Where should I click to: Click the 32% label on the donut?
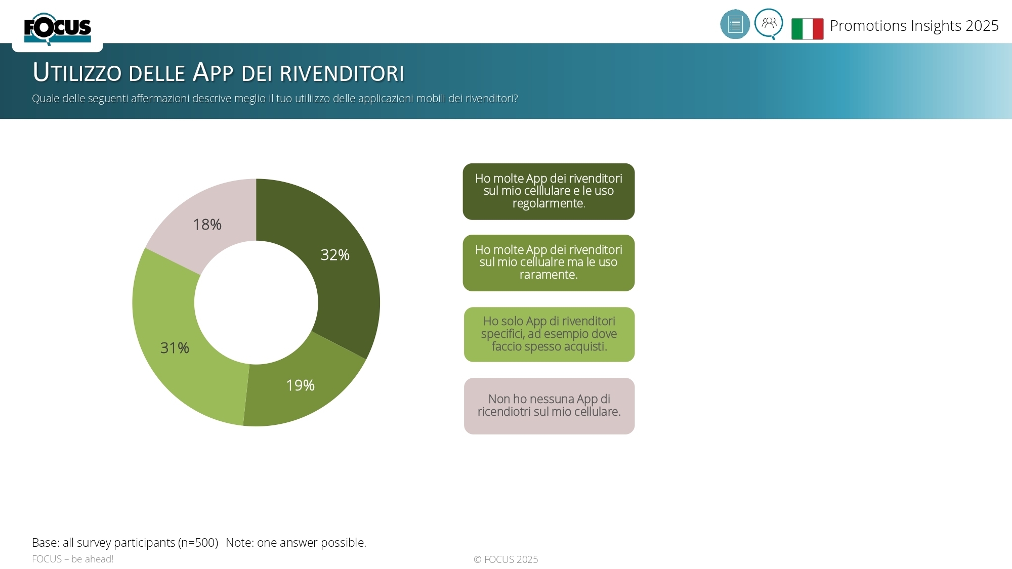pyautogui.click(x=335, y=255)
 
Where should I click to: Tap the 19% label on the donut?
pyautogui.click(x=300, y=385)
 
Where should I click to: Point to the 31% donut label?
pyautogui.click(x=175, y=348)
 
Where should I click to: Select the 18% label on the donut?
pyautogui.click(x=207, y=225)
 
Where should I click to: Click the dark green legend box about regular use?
pyautogui.click(x=549, y=191)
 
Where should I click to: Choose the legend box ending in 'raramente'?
pyautogui.click(x=549, y=262)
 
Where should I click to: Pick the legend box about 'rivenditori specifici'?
pyautogui.click(x=549, y=334)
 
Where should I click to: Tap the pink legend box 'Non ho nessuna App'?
pyautogui.click(x=549, y=406)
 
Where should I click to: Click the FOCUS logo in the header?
pyautogui.click(x=57, y=28)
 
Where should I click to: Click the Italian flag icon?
pyautogui.click(x=807, y=28)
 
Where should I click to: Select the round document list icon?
pyautogui.click(x=735, y=24)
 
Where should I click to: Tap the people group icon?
pyautogui.click(x=769, y=23)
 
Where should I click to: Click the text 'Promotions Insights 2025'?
pyautogui.click(x=914, y=26)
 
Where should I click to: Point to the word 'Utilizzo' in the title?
pyautogui.click(x=77, y=72)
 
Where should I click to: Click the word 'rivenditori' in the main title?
pyautogui.click(x=342, y=73)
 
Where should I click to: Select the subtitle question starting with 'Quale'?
pyautogui.click(x=275, y=98)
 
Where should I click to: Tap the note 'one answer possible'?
pyautogui.click(x=311, y=543)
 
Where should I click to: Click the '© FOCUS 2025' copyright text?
pyautogui.click(x=505, y=559)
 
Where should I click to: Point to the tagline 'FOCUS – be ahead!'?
pyautogui.click(x=72, y=559)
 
